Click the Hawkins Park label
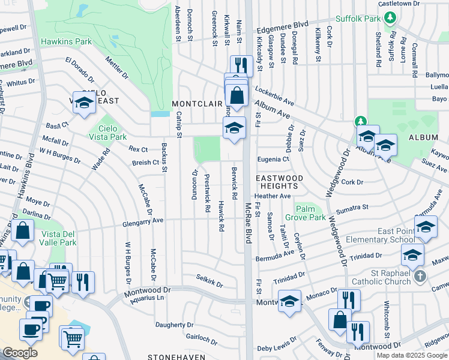66,42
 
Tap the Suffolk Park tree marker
390,18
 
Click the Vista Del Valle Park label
58,238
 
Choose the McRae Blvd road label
247,222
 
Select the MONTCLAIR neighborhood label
197,104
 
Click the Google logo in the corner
20,353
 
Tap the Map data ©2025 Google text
412,355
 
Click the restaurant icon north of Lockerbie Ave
241,65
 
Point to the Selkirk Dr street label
209,280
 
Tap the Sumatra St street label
352,207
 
